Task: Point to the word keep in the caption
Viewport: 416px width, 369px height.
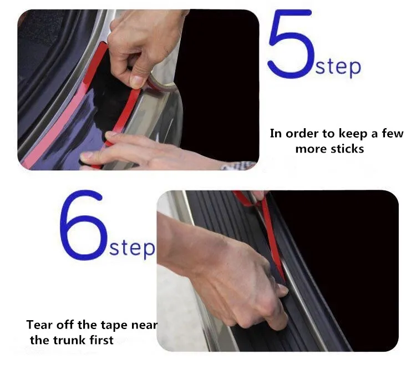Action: click(353, 134)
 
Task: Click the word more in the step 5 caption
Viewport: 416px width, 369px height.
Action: click(308, 149)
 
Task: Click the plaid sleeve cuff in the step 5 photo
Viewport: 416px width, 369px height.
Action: click(237, 166)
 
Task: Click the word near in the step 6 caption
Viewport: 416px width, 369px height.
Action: click(144, 326)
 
